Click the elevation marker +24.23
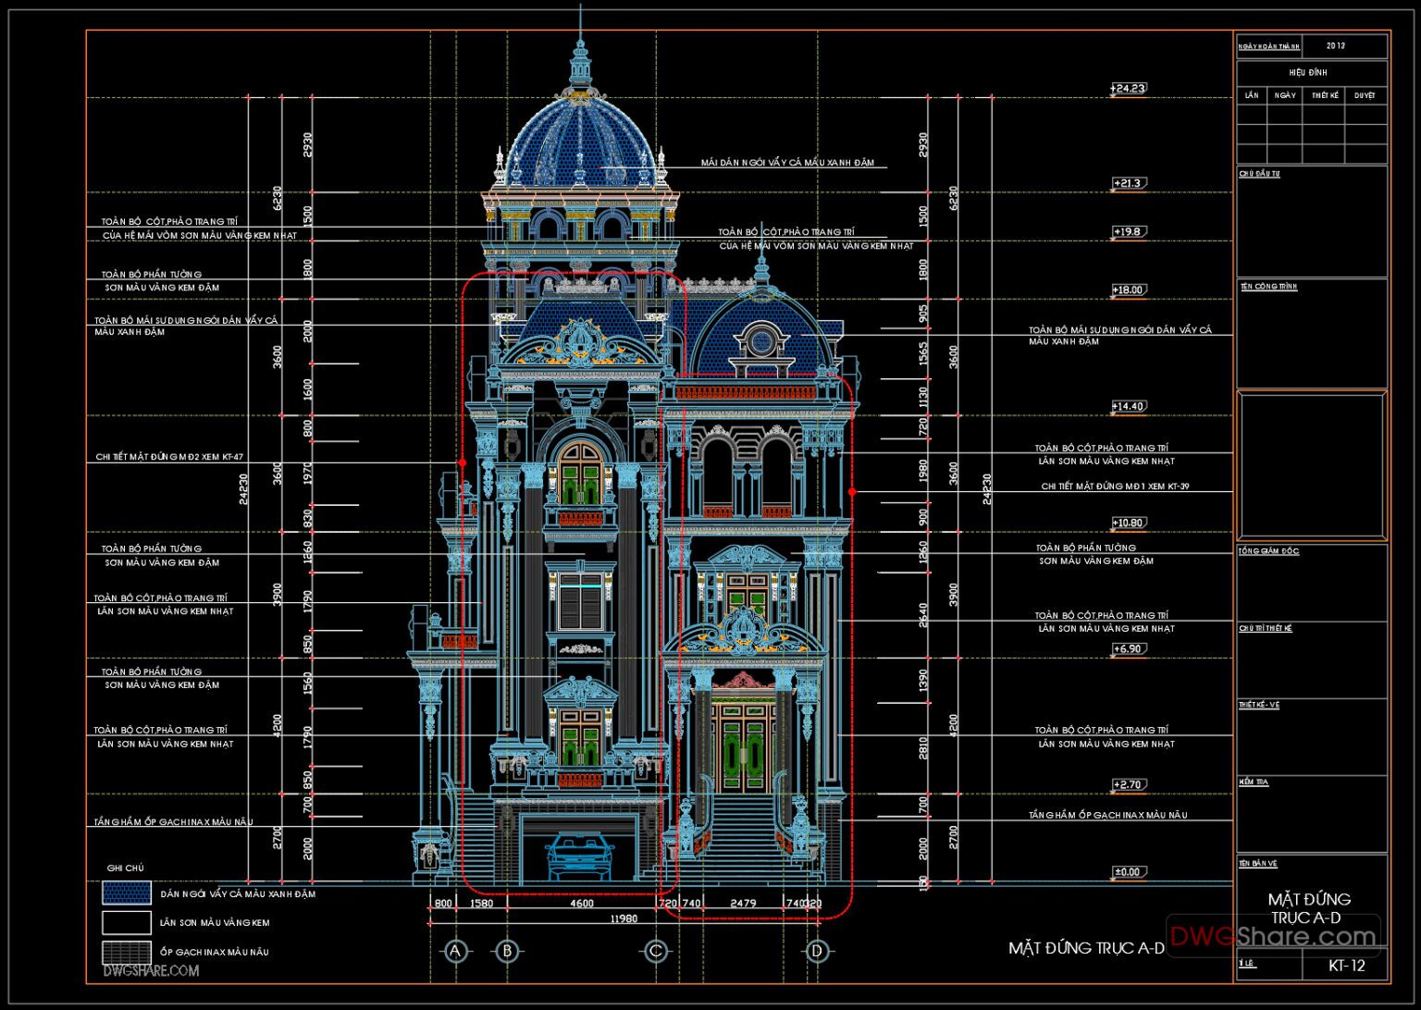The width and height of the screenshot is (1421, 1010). tap(1128, 89)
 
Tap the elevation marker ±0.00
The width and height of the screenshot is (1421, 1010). tap(1128, 872)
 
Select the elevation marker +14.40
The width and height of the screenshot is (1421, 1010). tap(1128, 406)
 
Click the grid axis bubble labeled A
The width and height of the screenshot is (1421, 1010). tap(453, 951)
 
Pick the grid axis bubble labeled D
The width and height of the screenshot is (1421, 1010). tap(816, 951)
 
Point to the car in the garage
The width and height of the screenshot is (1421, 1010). tap(580, 856)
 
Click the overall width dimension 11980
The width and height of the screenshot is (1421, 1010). tap(623, 918)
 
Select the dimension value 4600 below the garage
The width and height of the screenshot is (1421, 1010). tap(581, 903)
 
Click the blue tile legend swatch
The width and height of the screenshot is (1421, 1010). tap(127, 893)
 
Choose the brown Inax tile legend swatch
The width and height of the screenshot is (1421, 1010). tap(127, 952)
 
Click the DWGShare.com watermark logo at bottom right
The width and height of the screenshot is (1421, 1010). tap(1273, 936)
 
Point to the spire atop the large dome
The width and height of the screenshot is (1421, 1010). tap(580, 55)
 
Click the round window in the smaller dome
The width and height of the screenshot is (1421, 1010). tap(760, 342)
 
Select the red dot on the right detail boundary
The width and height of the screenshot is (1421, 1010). tap(852, 492)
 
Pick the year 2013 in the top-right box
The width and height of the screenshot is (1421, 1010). tap(1336, 45)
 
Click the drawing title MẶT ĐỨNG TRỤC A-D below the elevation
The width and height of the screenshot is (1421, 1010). tap(1086, 948)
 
